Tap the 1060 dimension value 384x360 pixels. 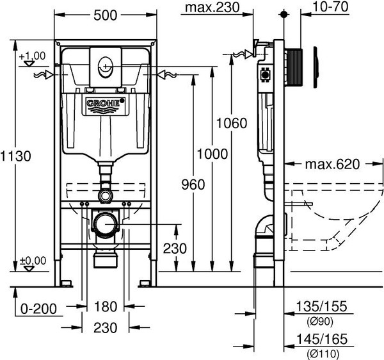point(231,124)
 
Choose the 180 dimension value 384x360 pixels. point(106,306)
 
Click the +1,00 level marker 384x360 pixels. point(32,56)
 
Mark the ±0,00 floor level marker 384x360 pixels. point(32,260)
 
